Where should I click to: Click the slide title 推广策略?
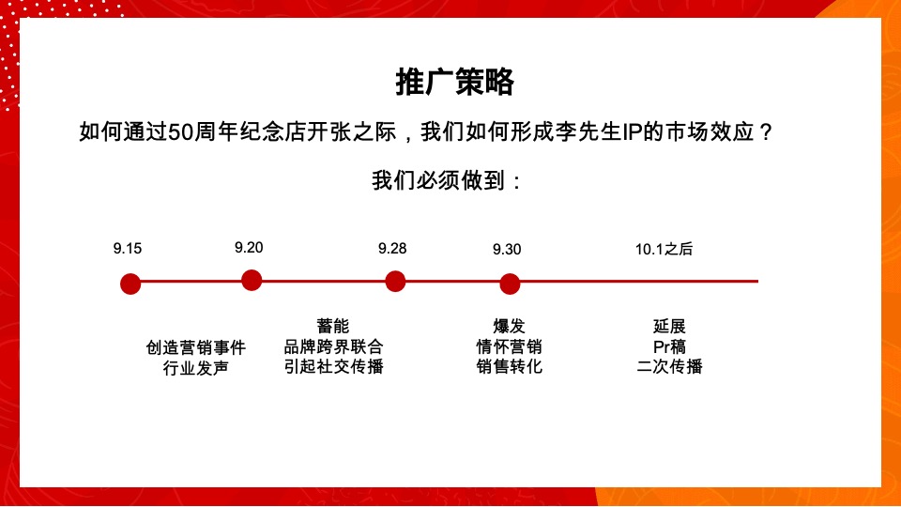(x=454, y=83)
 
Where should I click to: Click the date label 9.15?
(x=128, y=249)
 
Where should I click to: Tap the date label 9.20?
(x=249, y=248)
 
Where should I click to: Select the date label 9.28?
(x=392, y=249)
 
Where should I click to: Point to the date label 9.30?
(x=507, y=250)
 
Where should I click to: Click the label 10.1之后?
(x=664, y=250)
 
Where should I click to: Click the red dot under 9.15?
(x=131, y=283)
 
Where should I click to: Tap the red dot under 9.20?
(x=251, y=280)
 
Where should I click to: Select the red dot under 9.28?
(x=395, y=281)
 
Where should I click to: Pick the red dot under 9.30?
(x=510, y=284)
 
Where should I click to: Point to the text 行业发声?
(x=196, y=368)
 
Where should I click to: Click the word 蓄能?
(x=333, y=327)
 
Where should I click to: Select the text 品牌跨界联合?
(x=333, y=346)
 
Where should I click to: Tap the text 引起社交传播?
(x=333, y=366)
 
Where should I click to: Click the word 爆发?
(x=510, y=327)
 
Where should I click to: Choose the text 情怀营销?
(x=510, y=346)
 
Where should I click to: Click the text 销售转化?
(x=510, y=366)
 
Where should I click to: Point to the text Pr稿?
(x=669, y=346)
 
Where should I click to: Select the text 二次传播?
(x=669, y=366)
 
